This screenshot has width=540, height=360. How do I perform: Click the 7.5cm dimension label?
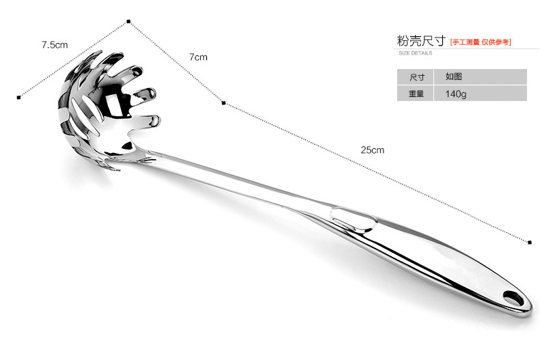tap(54, 45)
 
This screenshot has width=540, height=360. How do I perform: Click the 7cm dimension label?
tap(198, 57)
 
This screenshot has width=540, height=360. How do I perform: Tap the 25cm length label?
tap(373, 150)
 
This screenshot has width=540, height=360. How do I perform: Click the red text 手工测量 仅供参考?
tap(481, 42)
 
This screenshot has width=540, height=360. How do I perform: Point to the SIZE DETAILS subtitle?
tap(415, 53)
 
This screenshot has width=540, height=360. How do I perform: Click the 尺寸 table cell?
tap(416, 77)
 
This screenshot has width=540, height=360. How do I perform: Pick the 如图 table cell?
tap(455, 77)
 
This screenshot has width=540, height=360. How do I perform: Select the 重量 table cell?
tap(416, 94)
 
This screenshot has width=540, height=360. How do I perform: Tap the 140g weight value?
tap(456, 94)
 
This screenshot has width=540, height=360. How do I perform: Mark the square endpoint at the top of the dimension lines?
tap(128, 23)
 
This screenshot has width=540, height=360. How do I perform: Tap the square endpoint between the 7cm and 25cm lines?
tap(224, 103)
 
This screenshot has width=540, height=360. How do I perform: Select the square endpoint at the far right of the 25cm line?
tap(530, 242)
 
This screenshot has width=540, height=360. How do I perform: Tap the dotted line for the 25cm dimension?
tap(376, 171)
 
